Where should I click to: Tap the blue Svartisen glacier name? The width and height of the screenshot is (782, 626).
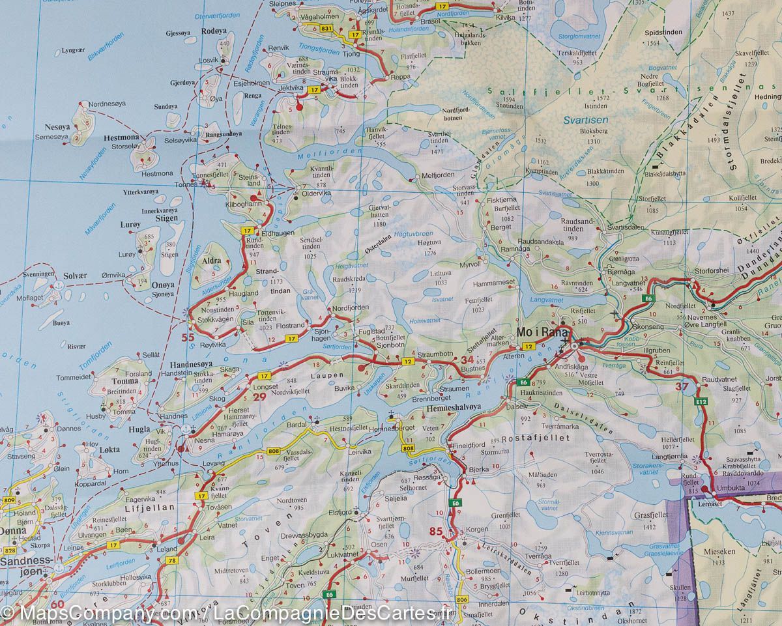tap(585, 120)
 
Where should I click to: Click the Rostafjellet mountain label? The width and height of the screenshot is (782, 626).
tap(534, 439)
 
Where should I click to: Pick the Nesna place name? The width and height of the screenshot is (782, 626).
tap(205, 440)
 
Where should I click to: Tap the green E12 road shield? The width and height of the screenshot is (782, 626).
tap(701, 403)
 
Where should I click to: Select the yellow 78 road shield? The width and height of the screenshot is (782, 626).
tap(172, 561)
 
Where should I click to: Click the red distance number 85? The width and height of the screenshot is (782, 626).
tap(436, 532)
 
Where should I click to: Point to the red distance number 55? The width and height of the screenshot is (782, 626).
tap(188, 337)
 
